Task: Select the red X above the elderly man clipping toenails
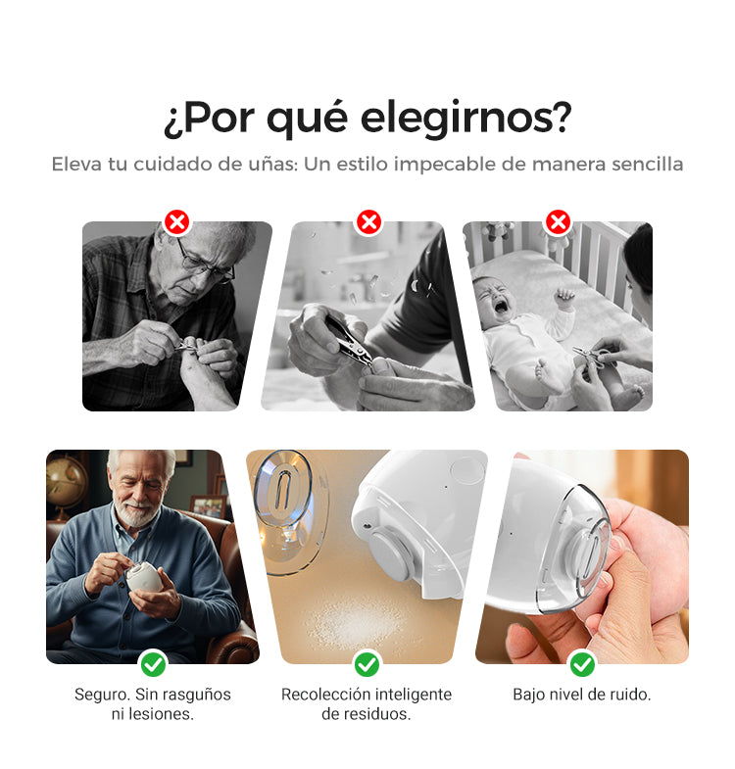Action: pos(177,222)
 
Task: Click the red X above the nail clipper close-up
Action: pos(369,222)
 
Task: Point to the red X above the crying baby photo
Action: pos(558,222)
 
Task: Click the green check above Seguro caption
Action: pos(153,664)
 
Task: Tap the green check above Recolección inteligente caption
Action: pos(367,664)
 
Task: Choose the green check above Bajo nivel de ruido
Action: pos(582,664)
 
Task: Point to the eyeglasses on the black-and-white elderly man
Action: pos(205,263)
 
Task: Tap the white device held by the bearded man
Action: pos(144,576)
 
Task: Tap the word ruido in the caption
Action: pos(630,695)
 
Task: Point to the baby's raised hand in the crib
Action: pos(565,298)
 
